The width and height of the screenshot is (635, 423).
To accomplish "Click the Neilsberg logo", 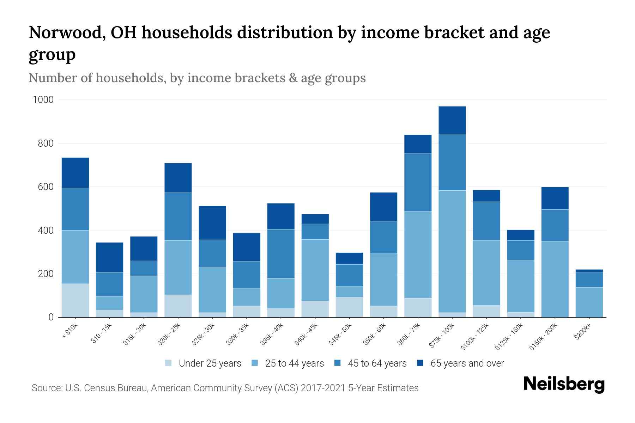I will tap(564, 384).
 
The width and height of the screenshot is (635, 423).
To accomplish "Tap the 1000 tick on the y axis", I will tap(43, 100).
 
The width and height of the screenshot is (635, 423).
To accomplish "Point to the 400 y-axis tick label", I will tap(46, 231).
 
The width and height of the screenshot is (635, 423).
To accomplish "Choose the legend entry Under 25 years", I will tap(210, 363).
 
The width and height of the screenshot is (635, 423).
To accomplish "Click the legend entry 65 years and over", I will tap(467, 363).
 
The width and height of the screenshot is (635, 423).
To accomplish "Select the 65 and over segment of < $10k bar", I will tap(75, 173).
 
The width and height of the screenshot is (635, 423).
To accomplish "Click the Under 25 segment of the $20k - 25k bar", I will tap(178, 306).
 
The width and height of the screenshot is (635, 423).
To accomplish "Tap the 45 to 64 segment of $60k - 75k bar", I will tap(418, 182).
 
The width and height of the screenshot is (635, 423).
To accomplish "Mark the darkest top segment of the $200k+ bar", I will tap(589, 271).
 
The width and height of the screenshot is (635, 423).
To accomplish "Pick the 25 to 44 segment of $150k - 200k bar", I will tap(555, 278).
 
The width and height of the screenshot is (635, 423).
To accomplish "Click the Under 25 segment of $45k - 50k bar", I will tap(349, 307).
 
